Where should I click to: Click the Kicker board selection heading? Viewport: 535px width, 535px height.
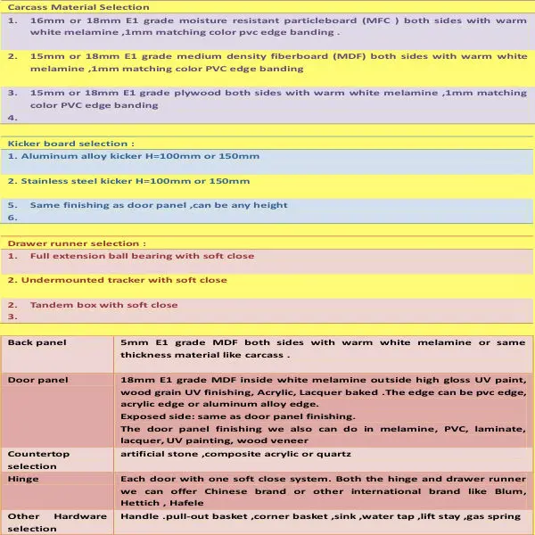point(71,143)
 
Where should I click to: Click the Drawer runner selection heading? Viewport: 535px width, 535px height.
point(77,243)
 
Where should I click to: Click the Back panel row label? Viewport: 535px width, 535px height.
point(37,342)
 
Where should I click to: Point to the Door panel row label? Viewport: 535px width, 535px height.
point(37,380)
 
